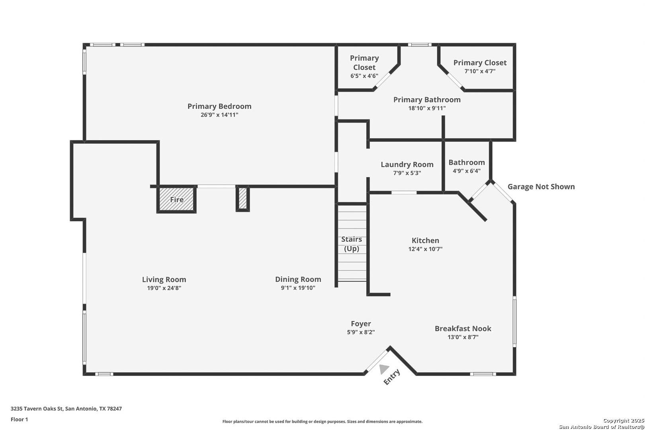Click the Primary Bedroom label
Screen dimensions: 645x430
(x=219, y=106)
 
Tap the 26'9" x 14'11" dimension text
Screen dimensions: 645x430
(x=219, y=115)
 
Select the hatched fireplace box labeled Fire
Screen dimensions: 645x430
(x=176, y=199)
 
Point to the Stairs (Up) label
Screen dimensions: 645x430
(x=352, y=244)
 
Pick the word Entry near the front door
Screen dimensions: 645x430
(x=392, y=377)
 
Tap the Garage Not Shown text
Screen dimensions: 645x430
(x=541, y=187)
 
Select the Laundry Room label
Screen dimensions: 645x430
(x=407, y=164)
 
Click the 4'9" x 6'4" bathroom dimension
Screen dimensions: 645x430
(x=467, y=171)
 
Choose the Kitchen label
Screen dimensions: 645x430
(x=425, y=240)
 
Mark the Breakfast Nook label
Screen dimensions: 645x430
(x=463, y=328)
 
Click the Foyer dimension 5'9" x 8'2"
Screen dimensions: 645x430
(x=361, y=332)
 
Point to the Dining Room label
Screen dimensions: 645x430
(x=298, y=279)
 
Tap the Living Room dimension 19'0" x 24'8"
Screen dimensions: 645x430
(x=164, y=288)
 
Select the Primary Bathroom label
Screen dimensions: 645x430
(x=427, y=100)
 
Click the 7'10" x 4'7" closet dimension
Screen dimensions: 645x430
(x=480, y=71)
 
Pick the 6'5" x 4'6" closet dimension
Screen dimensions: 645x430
(x=364, y=76)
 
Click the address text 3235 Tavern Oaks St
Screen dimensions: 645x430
(x=37, y=408)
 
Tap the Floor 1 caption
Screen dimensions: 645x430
(x=19, y=419)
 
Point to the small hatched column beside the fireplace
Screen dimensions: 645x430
(x=243, y=198)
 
